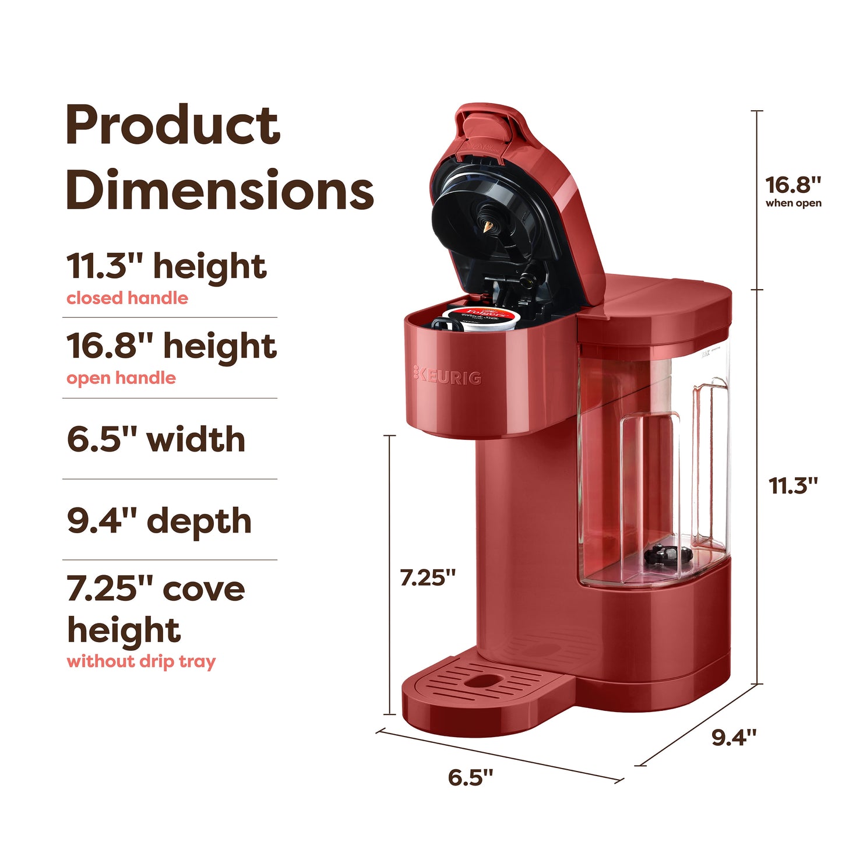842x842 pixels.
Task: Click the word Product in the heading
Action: tap(172, 126)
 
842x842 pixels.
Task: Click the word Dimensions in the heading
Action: tap(219, 191)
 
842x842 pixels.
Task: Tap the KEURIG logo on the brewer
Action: tap(448, 376)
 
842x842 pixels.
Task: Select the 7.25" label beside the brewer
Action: tap(427, 577)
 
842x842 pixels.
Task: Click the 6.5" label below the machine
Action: tap(470, 777)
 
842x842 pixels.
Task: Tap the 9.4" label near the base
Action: tap(734, 737)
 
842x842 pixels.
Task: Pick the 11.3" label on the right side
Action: tap(792, 485)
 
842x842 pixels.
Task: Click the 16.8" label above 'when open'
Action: tap(792, 185)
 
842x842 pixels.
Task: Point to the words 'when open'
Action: tap(793, 203)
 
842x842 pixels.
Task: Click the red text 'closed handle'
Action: tap(127, 298)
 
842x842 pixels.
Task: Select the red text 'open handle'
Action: tap(121, 378)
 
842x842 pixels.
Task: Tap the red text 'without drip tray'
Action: tap(141, 661)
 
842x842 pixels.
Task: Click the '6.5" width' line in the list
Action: tap(156, 439)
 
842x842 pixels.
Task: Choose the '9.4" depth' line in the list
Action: tap(159, 520)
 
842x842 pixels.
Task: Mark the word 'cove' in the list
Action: tap(204, 589)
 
